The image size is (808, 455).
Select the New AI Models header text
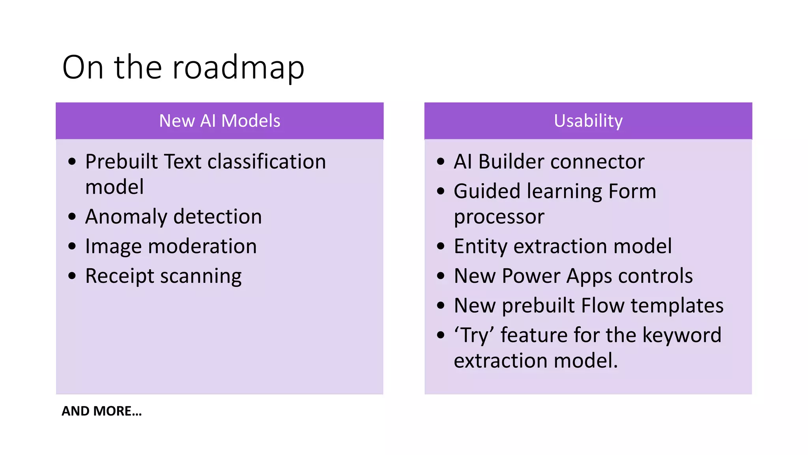coord(219,121)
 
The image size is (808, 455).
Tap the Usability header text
coord(588,121)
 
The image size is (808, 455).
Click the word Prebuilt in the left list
coord(122,162)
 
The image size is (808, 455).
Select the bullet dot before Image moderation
coord(72,246)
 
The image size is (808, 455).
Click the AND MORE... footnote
coord(101,411)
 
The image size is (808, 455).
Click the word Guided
coord(487,192)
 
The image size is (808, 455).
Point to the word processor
coord(499,217)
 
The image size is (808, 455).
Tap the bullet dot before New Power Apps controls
coord(441,276)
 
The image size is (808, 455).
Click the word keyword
coord(682,335)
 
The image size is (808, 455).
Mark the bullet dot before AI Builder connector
coord(441,162)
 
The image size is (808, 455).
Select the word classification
coord(267,162)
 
